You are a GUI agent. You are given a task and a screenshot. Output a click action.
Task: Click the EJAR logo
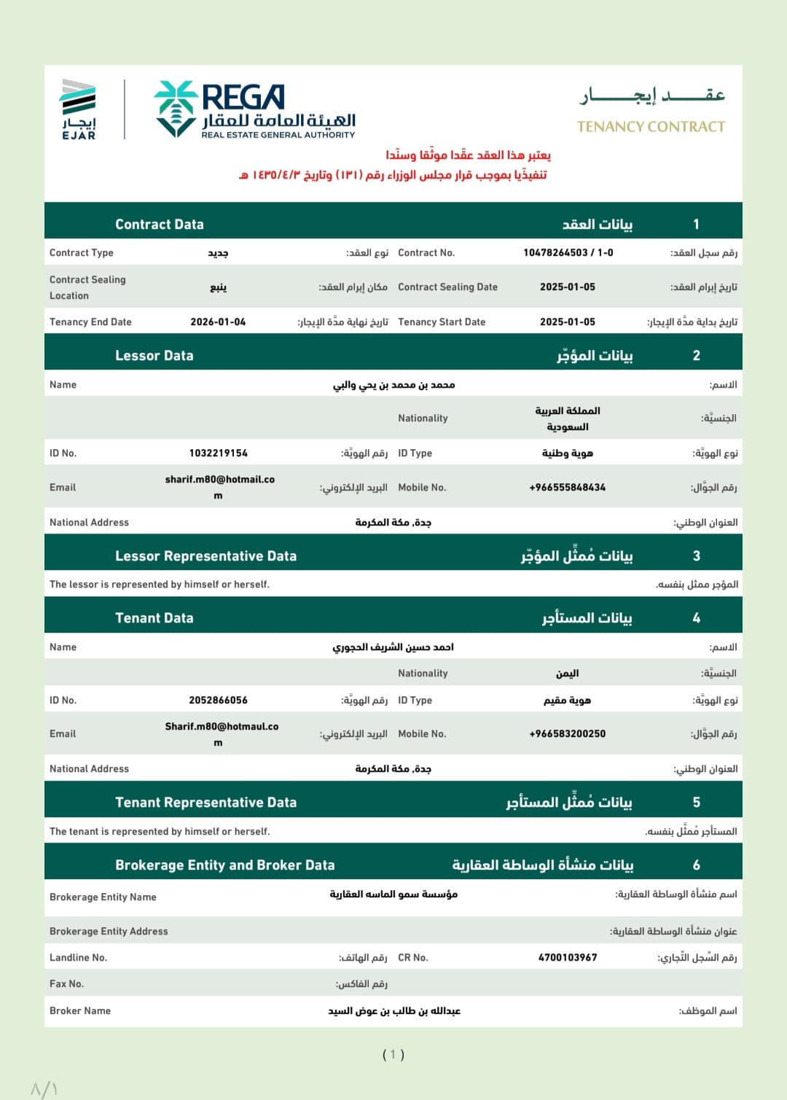click(79, 109)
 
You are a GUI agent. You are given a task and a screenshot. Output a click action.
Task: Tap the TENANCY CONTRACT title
click(651, 127)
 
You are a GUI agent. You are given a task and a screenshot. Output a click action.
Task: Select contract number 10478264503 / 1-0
click(568, 253)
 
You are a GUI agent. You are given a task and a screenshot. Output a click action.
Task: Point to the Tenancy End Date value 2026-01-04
click(218, 322)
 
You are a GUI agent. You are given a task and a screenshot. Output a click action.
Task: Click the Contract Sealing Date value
click(567, 287)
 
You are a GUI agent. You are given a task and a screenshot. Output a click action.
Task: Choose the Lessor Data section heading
click(154, 356)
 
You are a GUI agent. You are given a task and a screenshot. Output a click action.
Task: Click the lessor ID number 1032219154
click(218, 453)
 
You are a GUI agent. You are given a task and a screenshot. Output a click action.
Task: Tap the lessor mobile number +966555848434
click(567, 488)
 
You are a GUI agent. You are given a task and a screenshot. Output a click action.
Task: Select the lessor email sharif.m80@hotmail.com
click(219, 487)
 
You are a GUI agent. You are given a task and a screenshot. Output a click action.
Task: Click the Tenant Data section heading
click(154, 618)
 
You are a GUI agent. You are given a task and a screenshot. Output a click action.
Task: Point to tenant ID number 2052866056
click(218, 701)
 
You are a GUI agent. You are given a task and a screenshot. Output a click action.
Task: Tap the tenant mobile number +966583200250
click(567, 734)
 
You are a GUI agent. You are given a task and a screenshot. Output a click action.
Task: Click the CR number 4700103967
click(567, 958)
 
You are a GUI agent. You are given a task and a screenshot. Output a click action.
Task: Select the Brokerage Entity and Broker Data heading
click(224, 865)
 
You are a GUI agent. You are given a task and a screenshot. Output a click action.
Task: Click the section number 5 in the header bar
click(696, 803)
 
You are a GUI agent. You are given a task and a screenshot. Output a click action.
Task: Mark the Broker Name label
click(80, 1011)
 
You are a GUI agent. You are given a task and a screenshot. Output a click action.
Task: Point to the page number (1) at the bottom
click(393, 1055)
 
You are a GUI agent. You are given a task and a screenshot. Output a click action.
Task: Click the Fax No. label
click(66, 984)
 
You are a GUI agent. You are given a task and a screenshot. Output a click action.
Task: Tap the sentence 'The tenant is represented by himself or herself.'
click(160, 832)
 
